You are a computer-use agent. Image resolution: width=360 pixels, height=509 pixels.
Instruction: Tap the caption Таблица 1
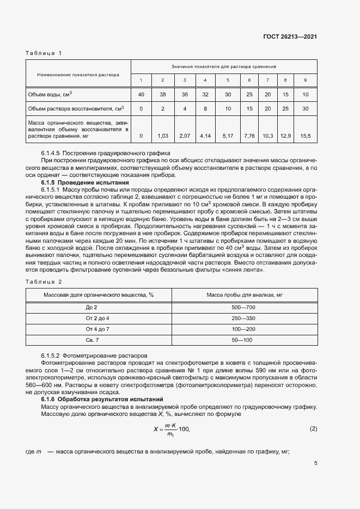(44, 53)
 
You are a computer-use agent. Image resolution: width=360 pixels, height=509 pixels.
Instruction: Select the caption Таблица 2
(44, 281)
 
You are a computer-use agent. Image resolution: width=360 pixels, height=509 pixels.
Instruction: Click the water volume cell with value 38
(162, 95)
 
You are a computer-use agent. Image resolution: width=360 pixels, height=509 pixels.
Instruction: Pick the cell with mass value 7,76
(249, 135)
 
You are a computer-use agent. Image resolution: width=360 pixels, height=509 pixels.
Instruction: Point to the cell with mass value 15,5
(305, 135)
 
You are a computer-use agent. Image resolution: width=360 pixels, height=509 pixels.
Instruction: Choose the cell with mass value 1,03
(162, 135)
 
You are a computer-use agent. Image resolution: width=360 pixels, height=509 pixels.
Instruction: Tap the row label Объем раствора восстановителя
(76, 108)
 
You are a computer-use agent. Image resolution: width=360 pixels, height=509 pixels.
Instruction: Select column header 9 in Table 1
(305, 81)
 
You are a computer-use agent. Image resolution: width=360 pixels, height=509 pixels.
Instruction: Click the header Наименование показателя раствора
(78, 74)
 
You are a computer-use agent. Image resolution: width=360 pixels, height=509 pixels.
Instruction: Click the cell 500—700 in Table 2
(243, 308)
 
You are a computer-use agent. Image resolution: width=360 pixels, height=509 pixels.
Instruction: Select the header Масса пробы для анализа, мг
(243, 295)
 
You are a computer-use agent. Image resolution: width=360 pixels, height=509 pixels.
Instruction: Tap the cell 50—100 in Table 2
(243, 340)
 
